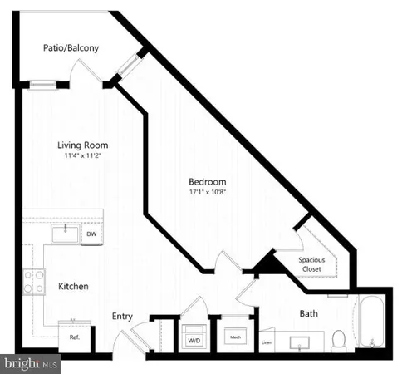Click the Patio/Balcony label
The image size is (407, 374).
pos(71,48)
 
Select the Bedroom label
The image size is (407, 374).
pos(207,182)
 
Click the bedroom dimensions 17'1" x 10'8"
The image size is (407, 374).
pos(207,193)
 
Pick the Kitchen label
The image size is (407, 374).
pos(73,286)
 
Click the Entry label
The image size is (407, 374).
pos(124,316)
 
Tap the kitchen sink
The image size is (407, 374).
pos(64,234)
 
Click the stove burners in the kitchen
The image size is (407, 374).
pos(34,283)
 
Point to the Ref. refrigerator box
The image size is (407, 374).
pos(74,338)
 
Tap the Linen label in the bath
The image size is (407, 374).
pos(267,342)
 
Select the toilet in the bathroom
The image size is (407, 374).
pos(338,340)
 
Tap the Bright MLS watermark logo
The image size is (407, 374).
pos(31,363)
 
